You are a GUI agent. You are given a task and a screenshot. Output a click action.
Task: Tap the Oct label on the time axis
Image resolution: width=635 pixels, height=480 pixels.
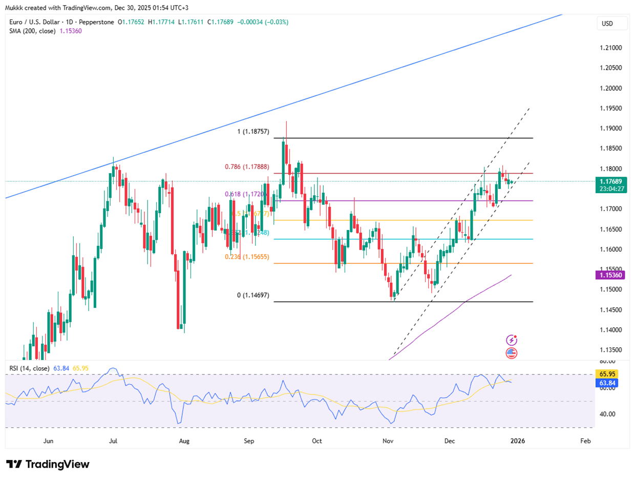coord(317,441)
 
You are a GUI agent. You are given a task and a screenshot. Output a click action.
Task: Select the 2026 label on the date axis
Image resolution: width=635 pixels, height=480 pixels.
coord(518,441)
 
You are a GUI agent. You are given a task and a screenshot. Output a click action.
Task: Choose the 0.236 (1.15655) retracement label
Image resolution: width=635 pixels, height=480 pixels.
coord(247,257)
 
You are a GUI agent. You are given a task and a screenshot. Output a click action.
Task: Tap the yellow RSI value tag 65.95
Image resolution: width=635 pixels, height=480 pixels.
coord(606,374)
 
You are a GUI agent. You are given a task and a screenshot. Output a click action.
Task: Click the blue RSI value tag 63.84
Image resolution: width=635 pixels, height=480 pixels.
coord(606,382)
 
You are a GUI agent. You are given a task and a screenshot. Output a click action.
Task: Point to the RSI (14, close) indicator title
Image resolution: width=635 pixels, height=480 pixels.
coord(29,368)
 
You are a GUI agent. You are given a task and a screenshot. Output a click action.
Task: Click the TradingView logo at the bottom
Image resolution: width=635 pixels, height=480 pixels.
coord(48,464)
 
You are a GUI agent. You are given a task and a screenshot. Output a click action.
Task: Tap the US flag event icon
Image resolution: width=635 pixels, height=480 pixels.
coord(511,352)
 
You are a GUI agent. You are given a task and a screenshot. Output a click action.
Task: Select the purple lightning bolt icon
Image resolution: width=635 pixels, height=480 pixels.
coord(511,340)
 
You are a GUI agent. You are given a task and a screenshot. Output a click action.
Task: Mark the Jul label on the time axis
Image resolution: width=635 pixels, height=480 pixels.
coord(113,441)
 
